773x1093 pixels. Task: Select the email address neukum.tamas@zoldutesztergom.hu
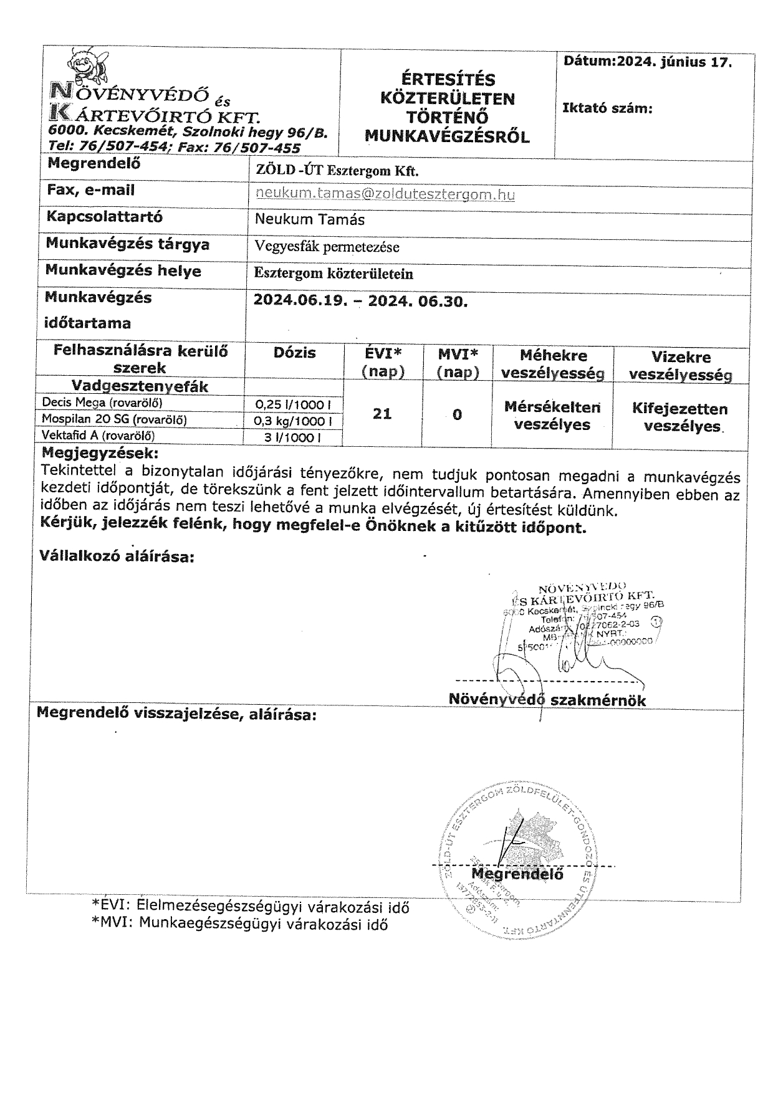pos(385,194)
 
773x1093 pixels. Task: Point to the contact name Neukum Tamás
pos(310,219)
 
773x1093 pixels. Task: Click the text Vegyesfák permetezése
pos(327,247)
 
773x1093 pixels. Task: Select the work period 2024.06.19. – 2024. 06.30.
pos(360,302)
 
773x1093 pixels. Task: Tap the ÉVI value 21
pos(382,413)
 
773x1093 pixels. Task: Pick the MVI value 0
pos(457,414)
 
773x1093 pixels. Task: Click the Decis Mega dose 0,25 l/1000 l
pos(294,404)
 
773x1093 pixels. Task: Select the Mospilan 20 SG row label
pos(114,419)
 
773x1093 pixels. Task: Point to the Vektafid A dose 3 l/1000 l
pos(293,437)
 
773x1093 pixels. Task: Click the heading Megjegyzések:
pos(100,452)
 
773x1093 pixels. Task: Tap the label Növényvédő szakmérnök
pos(547,700)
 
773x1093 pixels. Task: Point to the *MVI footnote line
pos(239,924)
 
